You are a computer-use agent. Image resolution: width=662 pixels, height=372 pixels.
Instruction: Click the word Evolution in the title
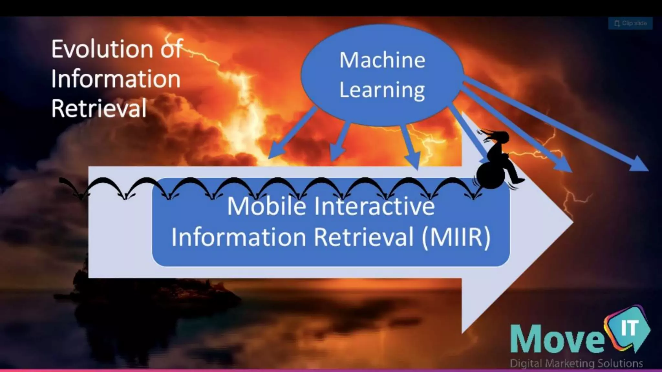pos(102,49)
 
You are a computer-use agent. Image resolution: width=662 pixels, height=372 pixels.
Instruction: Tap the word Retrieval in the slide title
pos(99,108)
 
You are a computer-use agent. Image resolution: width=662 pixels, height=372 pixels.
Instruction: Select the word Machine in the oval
pos(382,60)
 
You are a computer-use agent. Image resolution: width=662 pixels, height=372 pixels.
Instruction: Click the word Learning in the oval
pos(382,90)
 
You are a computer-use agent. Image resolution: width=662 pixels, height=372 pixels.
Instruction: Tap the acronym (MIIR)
pos(456,237)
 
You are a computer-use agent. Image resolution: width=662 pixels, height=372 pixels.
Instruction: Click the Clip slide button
pos(630,23)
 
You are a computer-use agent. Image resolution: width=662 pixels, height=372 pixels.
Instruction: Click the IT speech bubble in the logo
pos(629,328)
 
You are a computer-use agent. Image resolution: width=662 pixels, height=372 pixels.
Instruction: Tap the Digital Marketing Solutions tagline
pos(576,364)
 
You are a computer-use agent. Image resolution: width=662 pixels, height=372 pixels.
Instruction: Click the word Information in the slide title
pos(116,79)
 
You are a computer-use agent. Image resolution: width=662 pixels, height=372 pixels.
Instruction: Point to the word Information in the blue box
pos(239,237)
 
